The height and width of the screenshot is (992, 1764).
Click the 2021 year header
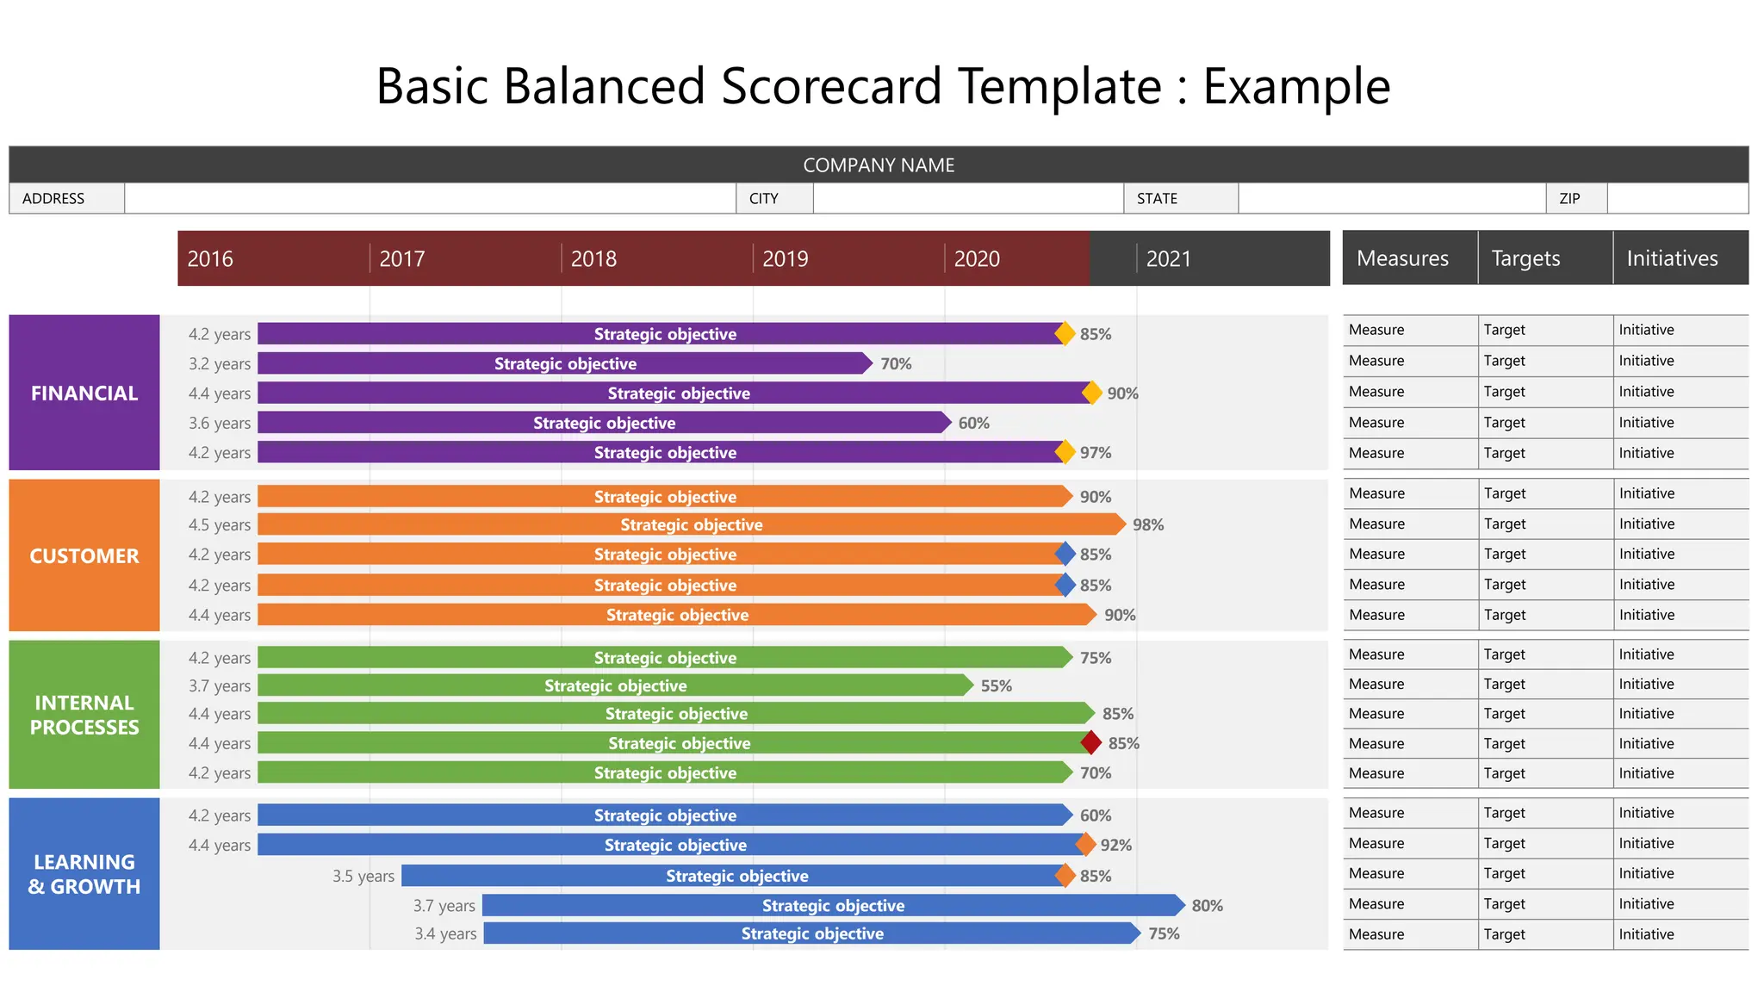click(1168, 258)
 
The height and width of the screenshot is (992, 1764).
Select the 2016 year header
click(210, 258)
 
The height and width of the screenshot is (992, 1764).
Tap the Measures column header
click(1402, 258)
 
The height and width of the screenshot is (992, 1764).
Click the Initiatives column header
click(1672, 258)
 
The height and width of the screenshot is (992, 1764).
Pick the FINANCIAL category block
click(84, 393)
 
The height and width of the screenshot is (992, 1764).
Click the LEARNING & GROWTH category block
click(84, 874)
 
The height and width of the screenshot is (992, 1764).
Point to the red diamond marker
click(1091, 742)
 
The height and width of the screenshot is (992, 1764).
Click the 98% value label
click(1148, 524)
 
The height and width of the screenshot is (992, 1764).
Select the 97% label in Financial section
click(1096, 452)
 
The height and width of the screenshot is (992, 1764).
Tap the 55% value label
click(996, 685)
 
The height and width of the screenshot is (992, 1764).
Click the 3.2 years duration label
click(220, 363)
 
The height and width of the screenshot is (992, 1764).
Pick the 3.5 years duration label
click(363, 876)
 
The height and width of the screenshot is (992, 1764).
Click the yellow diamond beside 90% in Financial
click(1091, 393)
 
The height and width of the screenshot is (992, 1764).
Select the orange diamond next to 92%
click(1086, 845)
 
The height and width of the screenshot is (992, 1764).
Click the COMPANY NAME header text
click(879, 164)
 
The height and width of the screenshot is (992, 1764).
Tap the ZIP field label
click(1569, 198)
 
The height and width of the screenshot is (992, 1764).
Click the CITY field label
click(763, 198)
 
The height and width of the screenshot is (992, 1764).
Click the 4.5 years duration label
click(220, 524)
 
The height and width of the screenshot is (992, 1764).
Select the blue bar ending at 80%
click(833, 905)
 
